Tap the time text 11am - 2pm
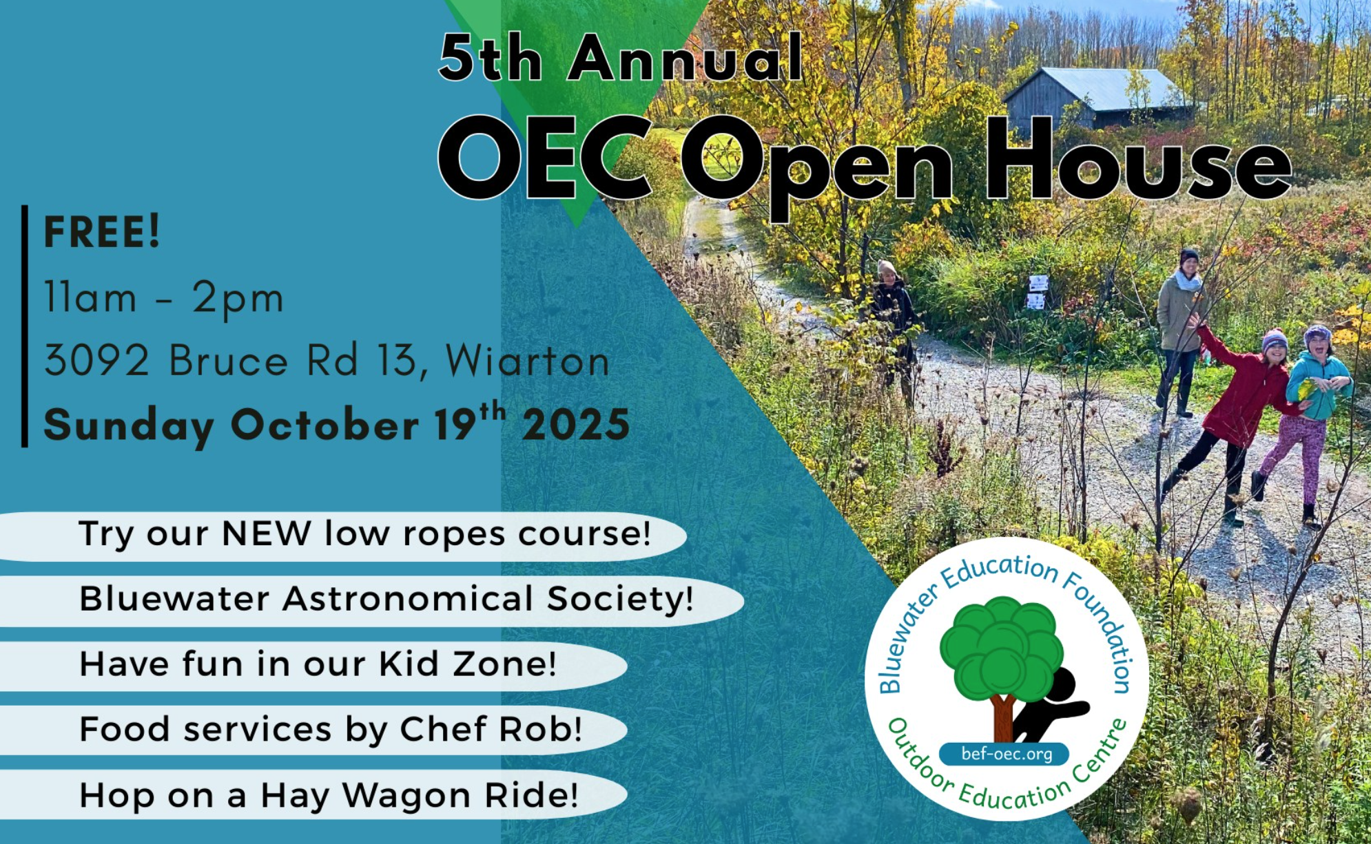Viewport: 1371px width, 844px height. [x=164, y=297]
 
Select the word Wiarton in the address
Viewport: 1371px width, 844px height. [x=528, y=360]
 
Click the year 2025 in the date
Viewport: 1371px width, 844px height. [x=576, y=424]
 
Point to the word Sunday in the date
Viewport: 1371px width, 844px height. [x=129, y=425]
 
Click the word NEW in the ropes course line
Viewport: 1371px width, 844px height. [x=266, y=533]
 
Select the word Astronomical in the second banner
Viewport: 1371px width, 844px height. [x=408, y=598]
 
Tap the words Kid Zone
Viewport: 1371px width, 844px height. [x=467, y=664]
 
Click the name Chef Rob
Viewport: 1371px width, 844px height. [x=491, y=729]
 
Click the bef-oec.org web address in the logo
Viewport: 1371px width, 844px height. [x=1007, y=754]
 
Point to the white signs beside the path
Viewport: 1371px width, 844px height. [x=1037, y=292]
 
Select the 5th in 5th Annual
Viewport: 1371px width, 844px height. [x=491, y=58]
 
